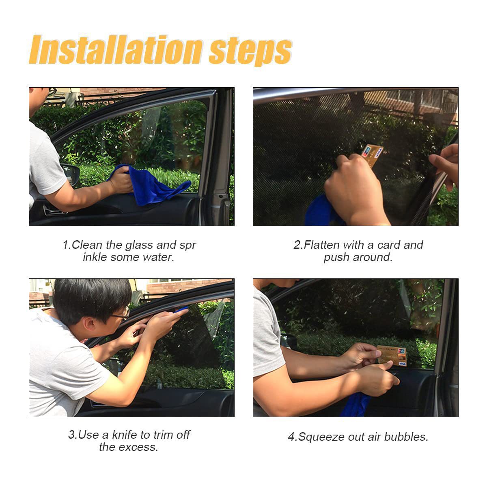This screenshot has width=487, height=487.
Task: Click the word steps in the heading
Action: [x=250, y=52]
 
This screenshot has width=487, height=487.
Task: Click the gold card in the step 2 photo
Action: [x=372, y=155]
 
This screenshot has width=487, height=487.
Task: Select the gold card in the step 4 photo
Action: [x=392, y=356]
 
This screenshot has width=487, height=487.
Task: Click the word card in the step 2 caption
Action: [x=388, y=245]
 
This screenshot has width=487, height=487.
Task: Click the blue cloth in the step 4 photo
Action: [x=356, y=404]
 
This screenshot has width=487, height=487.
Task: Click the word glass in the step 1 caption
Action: [x=139, y=246]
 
